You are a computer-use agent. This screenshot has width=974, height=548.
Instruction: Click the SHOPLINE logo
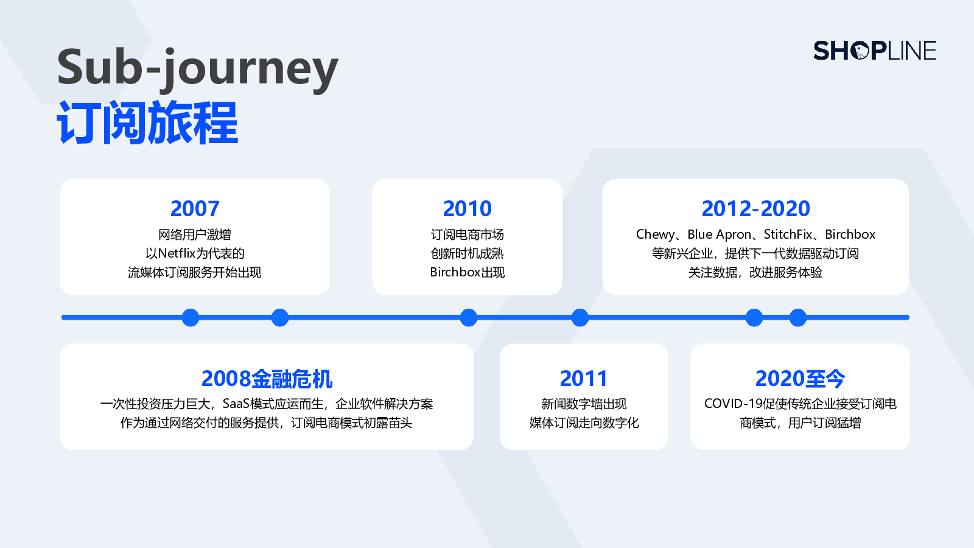click(x=874, y=51)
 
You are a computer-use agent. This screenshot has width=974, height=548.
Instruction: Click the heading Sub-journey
click(x=197, y=68)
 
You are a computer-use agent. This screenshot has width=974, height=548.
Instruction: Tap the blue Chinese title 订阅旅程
click(x=147, y=122)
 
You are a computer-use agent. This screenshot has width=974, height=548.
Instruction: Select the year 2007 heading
click(x=195, y=209)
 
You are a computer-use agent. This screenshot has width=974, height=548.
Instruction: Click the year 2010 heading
click(x=468, y=209)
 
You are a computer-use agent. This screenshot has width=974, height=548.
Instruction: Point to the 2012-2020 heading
click(x=755, y=209)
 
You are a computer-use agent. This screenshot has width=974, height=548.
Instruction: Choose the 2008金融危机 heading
click(x=267, y=379)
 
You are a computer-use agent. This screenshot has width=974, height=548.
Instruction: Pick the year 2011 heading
click(x=584, y=379)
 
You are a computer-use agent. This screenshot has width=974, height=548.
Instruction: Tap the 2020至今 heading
click(x=800, y=379)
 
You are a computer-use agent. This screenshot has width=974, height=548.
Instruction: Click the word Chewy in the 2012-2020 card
click(x=655, y=235)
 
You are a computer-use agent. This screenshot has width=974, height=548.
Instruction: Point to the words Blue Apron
click(x=719, y=235)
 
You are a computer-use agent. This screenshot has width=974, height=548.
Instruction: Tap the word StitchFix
click(x=788, y=234)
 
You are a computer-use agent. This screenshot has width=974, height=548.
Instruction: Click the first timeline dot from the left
click(x=191, y=317)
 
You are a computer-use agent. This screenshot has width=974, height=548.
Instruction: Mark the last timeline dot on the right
click(x=798, y=317)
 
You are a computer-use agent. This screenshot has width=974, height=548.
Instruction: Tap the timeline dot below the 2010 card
click(x=468, y=317)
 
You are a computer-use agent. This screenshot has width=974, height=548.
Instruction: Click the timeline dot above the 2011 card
click(x=580, y=317)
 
